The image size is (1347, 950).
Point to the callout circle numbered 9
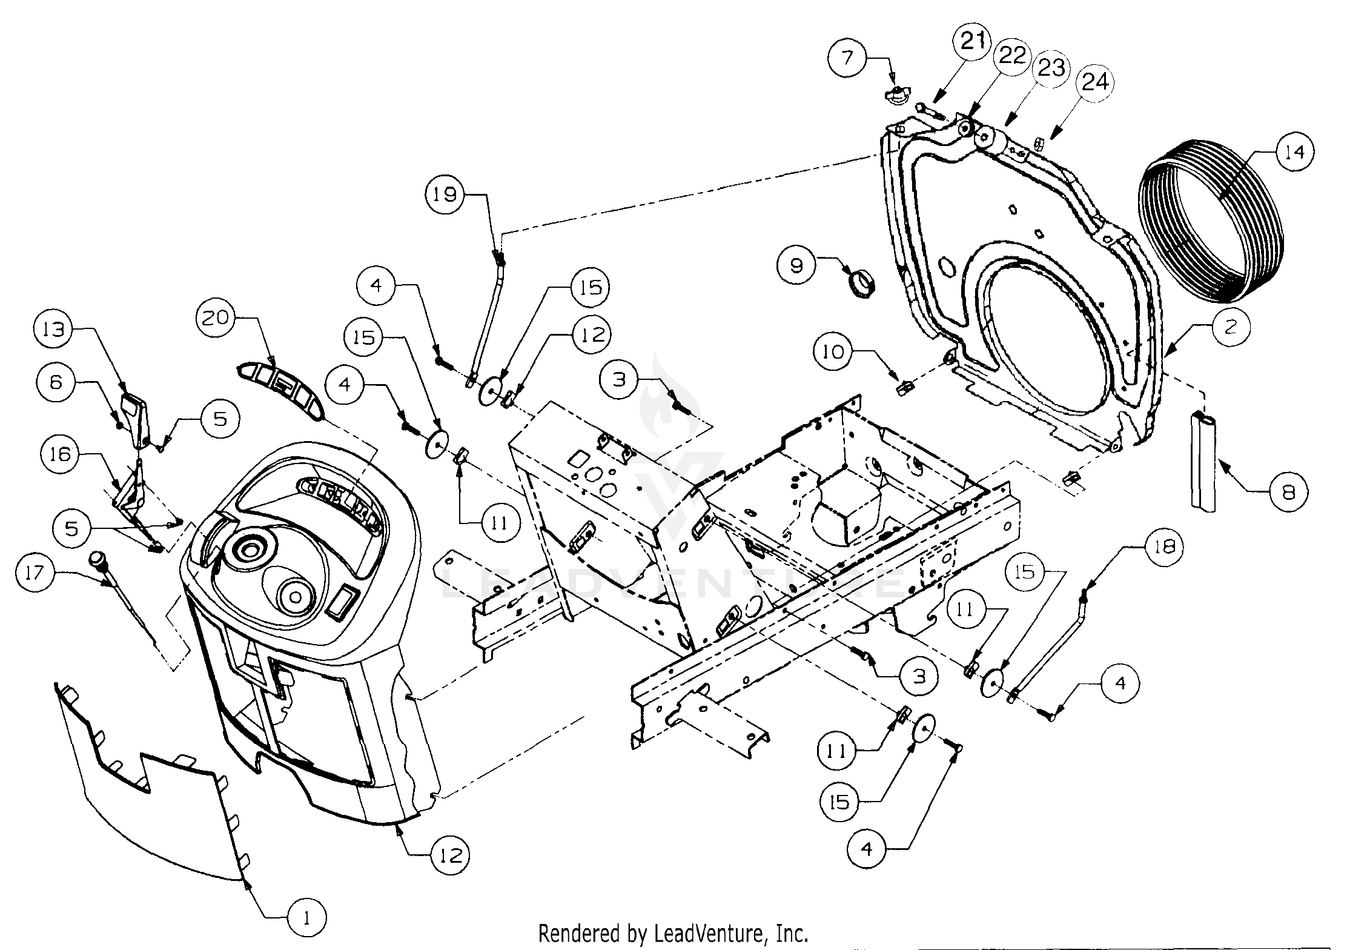coord(796,265)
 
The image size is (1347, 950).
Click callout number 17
coord(35,572)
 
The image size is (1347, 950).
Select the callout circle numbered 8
coord(1288,492)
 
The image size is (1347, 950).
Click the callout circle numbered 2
coord(1230,327)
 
